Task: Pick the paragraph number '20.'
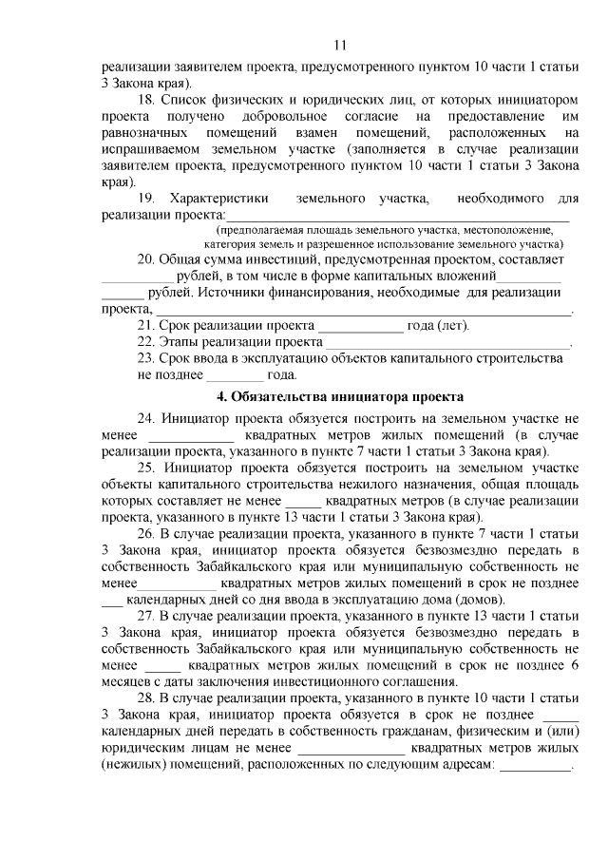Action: (147, 258)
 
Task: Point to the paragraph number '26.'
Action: (147, 534)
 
